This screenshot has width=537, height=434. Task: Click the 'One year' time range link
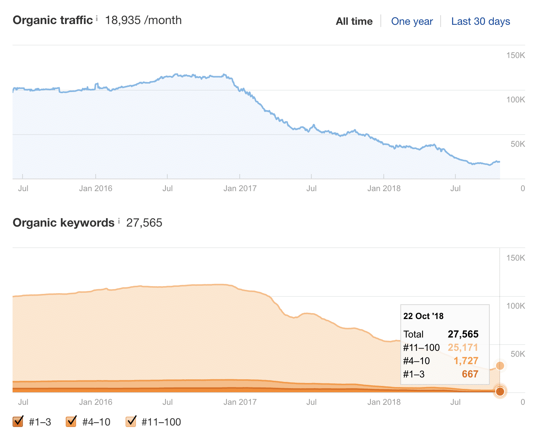(x=412, y=21)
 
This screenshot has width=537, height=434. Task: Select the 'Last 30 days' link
(x=480, y=21)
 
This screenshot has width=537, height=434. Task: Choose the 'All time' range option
(x=354, y=21)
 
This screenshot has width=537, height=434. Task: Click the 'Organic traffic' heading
(x=52, y=20)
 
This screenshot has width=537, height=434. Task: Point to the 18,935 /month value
(x=143, y=20)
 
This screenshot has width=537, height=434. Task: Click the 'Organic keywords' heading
(x=64, y=223)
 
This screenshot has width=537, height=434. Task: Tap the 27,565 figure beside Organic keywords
(x=144, y=223)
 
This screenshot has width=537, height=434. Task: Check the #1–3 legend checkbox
(x=18, y=421)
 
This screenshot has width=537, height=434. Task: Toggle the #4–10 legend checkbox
(x=71, y=421)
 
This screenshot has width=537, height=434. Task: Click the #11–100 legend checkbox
(x=131, y=421)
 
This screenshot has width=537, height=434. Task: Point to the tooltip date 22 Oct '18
(x=423, y=316)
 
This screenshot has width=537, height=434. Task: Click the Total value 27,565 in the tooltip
(x=463, y=334)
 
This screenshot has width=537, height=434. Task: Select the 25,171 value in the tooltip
(x=463, y=347)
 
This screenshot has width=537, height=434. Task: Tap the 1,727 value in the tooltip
(x=466, y=361)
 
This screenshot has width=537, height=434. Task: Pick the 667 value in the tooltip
(x=470, y=374)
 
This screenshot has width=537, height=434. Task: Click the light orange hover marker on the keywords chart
(x=500, y=366)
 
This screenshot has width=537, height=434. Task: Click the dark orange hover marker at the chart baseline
(x=500, y=391)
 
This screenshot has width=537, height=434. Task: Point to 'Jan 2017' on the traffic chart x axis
(x=240, y=189)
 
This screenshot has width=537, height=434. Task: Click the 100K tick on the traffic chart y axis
(x=515, y=99)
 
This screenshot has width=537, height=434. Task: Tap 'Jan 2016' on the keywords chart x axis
(x=95, y=402)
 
